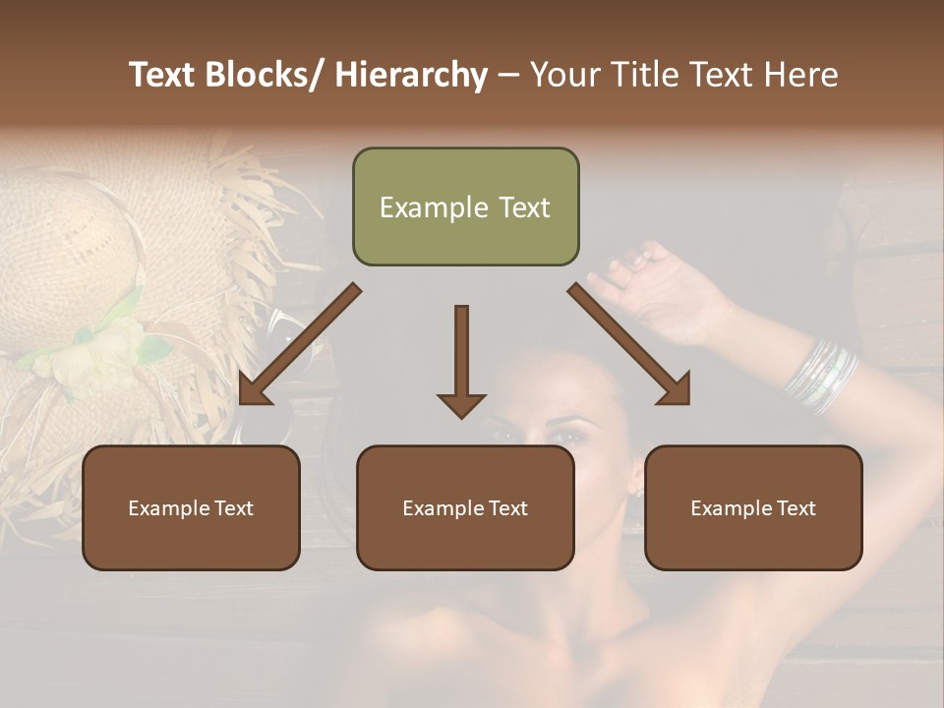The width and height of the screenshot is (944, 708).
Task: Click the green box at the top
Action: pos(465,206)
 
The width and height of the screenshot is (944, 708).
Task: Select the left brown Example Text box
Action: pos(191,507)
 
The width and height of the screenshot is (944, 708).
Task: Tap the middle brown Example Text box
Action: pos(465,507)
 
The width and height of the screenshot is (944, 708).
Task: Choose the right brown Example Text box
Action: pos(753,507)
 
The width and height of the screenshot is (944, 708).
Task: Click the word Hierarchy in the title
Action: pos(410,76)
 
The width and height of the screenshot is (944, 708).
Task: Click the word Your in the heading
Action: pos(561,76)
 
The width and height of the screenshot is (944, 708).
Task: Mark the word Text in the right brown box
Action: pos(795,508)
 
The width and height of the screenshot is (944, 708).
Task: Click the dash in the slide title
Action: pos(508,76)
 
